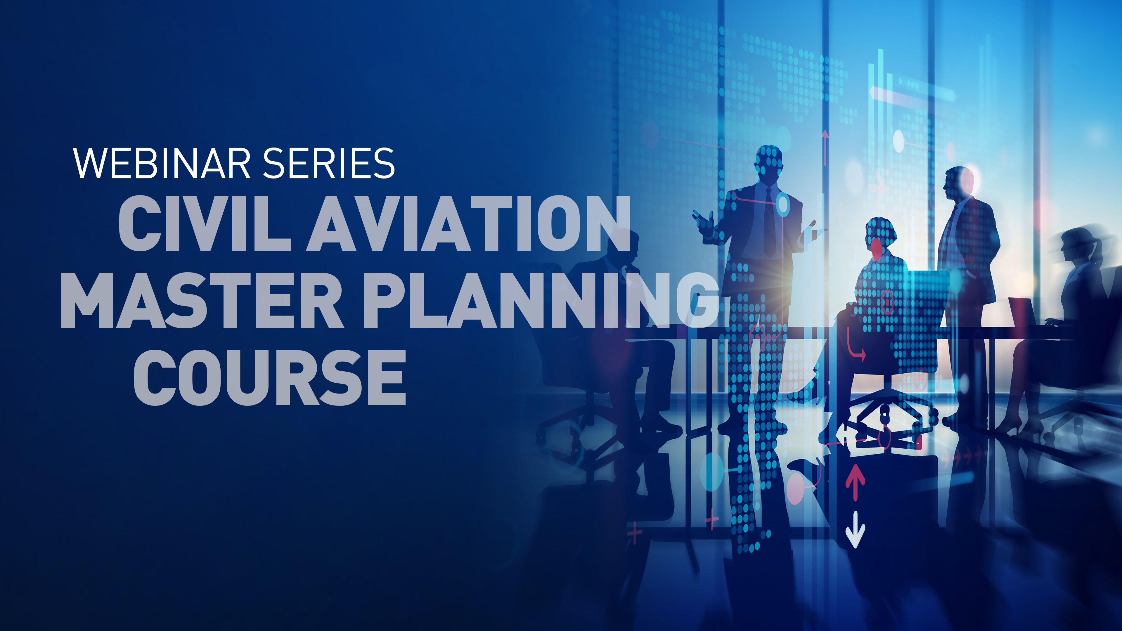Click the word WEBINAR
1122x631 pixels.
(161, 163)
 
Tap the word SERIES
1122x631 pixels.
(329, 163)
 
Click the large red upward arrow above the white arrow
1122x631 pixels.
(855, 481)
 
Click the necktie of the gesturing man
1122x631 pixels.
(769, 222)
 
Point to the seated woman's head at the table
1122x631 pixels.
(880, 235)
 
